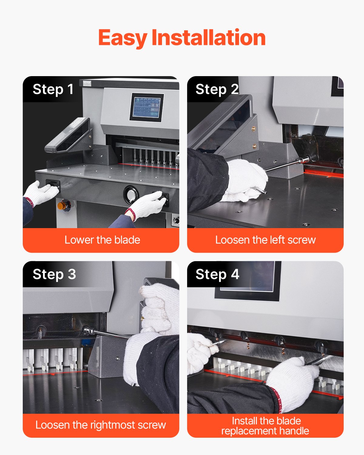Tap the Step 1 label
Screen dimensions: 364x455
click(x=53, y=89)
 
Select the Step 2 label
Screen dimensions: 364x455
click(x=217, y=89)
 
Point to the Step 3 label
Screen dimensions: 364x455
click(x=54, y=275)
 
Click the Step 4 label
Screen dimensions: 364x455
click(x=217, y=275)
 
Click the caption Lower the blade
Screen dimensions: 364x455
click(x=102, y=240)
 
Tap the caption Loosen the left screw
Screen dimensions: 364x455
click(x=265, y=240)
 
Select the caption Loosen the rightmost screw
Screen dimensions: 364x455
click(x=101, y=425)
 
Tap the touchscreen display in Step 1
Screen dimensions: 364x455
click(x=147, y=107)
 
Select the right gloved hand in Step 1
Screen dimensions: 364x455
click(x=147, y=205)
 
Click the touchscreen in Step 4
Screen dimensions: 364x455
click(x=248, y=279)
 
